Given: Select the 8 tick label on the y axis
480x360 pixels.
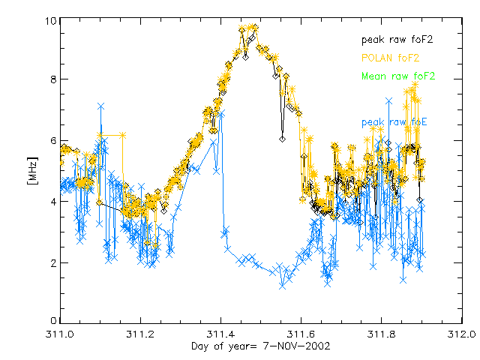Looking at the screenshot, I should [x=53, y=79].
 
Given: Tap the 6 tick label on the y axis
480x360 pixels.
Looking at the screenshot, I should [x=53, y=140].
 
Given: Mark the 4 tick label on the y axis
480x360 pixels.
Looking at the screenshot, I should [x=53, y=202].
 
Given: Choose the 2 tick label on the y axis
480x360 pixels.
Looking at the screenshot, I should [x=53, y=262].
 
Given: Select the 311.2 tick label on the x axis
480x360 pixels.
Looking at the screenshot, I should [x=140, y=334].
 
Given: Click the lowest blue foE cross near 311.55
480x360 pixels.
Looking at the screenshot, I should [x=283, y=285].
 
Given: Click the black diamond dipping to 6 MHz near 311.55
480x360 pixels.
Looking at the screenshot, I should [x=283, y=139].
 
